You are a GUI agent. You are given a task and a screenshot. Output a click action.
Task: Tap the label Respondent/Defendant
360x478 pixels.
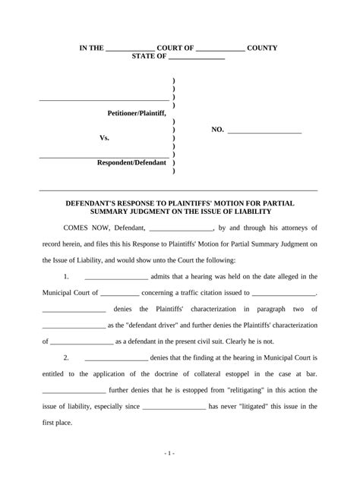pos(131,163)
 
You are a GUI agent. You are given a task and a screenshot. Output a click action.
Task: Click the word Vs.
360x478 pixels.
pos(105,138)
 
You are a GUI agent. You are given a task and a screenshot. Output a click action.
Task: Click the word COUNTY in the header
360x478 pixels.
pos(262,48)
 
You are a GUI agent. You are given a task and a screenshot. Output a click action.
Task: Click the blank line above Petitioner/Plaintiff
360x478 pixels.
pos(104,99)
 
